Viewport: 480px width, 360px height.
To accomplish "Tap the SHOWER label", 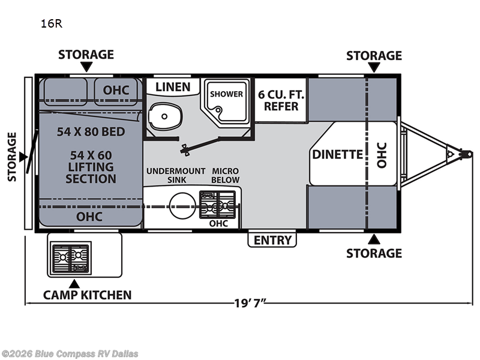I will tap(226, 94).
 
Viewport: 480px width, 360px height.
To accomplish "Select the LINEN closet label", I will tap(173, 87).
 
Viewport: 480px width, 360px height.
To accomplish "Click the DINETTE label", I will tap(338, 154).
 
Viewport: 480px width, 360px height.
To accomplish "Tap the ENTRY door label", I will tap(272, 240).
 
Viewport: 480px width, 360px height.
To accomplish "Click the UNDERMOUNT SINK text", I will tap(176, 175).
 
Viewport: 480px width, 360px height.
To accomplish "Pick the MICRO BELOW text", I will tap(226, 175).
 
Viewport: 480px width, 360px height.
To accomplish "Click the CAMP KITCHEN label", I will tap(87, 295).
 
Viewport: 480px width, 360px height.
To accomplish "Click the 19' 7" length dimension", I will tap(248, 302).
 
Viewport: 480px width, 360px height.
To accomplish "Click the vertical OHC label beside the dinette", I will tap(382, 154).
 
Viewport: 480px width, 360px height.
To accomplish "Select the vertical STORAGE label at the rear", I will tap(13, 157).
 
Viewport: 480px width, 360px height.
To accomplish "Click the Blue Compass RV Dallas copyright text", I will tap(70, 353).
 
